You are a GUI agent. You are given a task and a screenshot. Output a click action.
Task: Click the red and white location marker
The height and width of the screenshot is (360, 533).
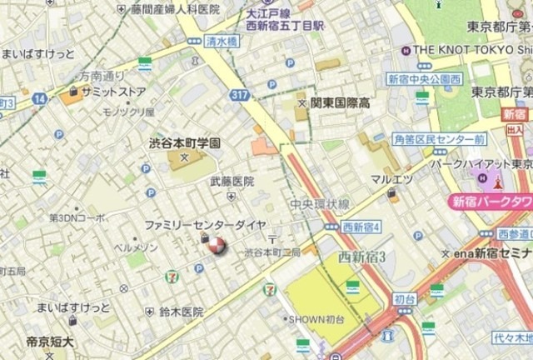tap(215, 245)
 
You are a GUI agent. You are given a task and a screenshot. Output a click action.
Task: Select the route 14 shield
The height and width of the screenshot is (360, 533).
tap(40, 98)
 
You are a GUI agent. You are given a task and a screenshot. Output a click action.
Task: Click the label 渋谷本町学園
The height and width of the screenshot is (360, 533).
tap(184, 142)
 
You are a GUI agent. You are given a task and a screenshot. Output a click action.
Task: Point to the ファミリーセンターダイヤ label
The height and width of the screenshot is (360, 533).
tap(206, 225)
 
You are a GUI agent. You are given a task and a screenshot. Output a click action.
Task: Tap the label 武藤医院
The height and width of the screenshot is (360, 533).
tap(232, 181)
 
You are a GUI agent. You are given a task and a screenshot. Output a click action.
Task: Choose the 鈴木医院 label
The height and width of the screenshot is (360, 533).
tap(181, 312)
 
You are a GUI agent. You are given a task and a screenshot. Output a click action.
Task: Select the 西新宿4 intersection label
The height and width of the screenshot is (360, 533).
tap(361, 227)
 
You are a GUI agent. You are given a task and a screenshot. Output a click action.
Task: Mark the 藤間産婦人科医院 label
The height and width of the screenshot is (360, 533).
tap(175, 9)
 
